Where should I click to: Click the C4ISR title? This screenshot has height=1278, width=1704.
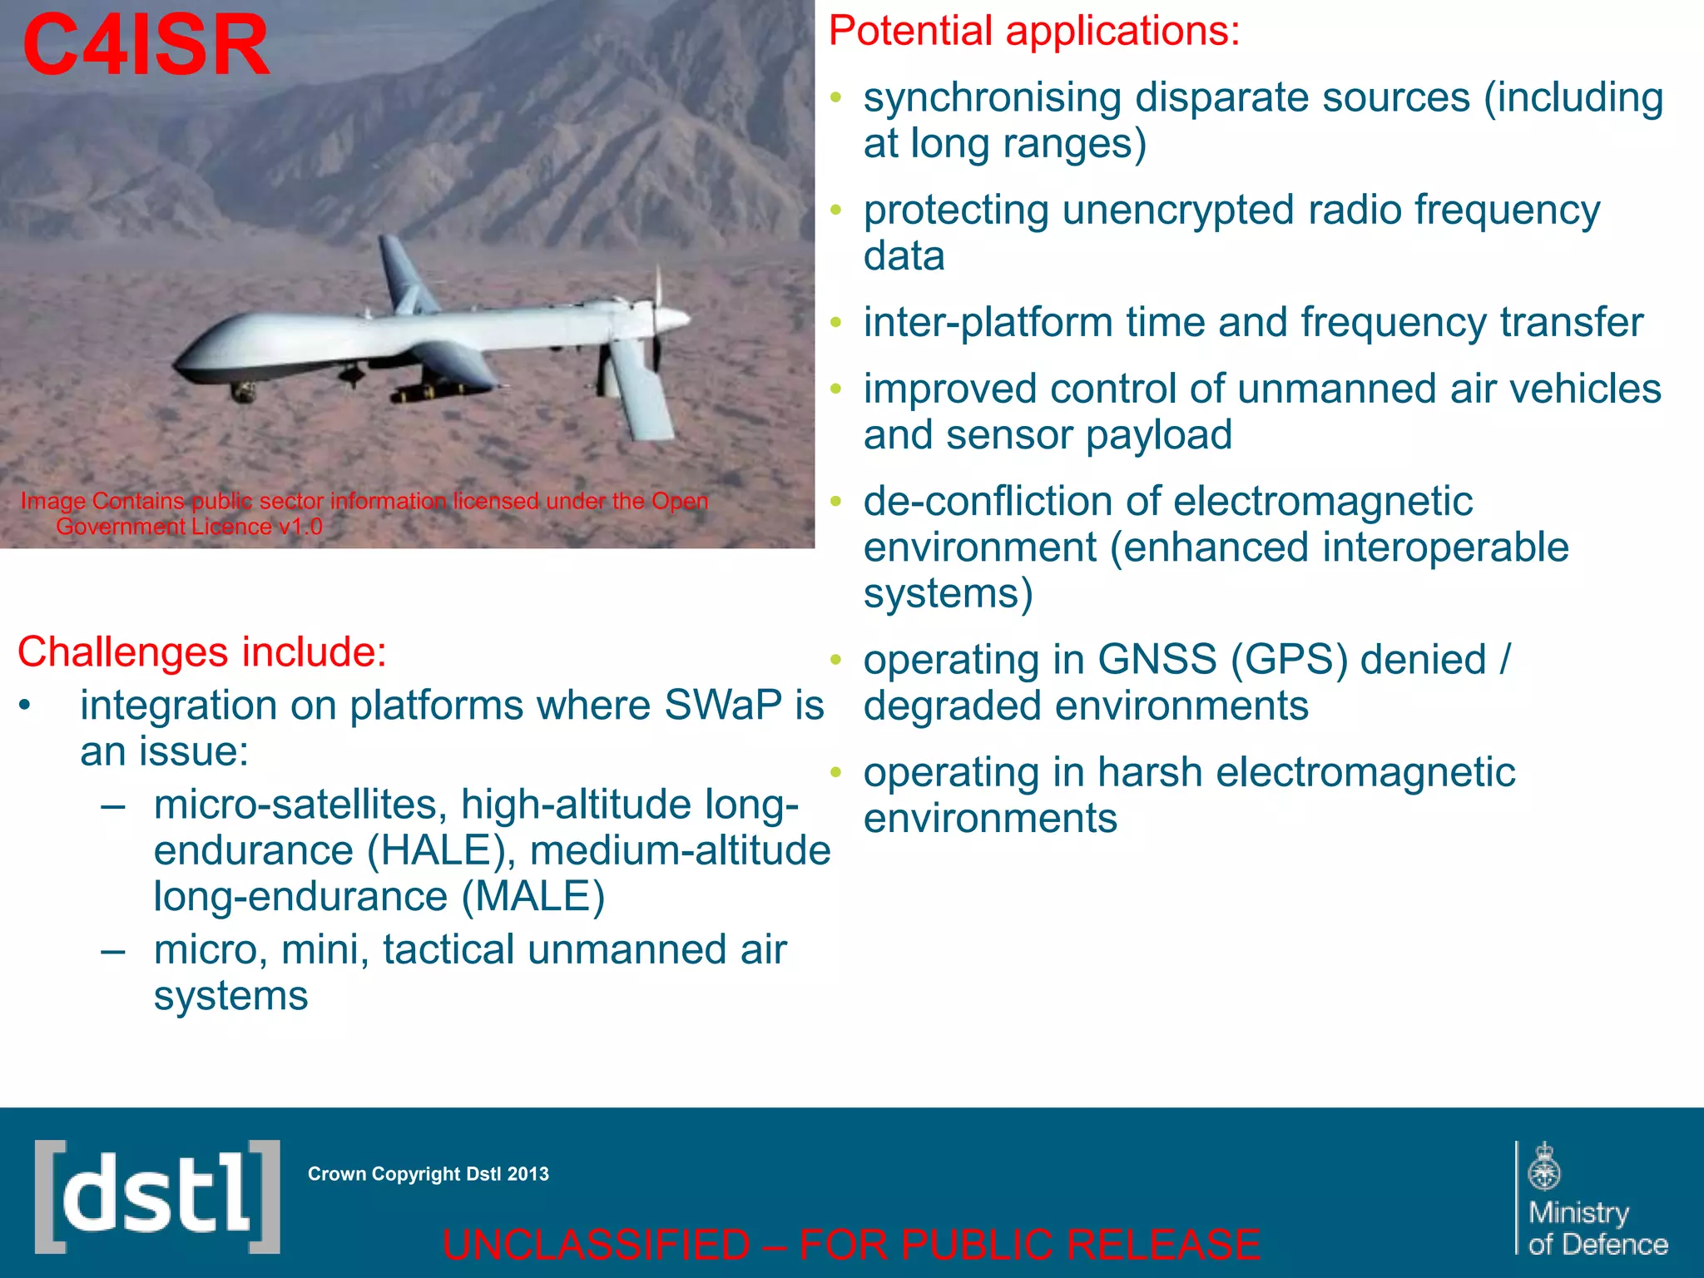(x=146, y=46)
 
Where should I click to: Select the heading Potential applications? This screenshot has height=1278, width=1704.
(x=1034, y=32)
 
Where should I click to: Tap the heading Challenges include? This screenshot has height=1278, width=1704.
(x=202, y=651)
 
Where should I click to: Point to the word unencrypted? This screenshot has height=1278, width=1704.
(x=1178, y=211)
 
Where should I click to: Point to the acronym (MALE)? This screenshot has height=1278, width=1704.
(x=533, y=896)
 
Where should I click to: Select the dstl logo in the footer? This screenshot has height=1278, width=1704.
(x=157, y=1196)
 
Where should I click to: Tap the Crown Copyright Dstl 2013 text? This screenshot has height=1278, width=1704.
(x=428, y=1174)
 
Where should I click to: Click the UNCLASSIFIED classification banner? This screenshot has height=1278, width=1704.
(x=850, y=1245)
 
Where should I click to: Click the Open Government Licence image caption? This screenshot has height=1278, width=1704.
(x=364, y=513)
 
